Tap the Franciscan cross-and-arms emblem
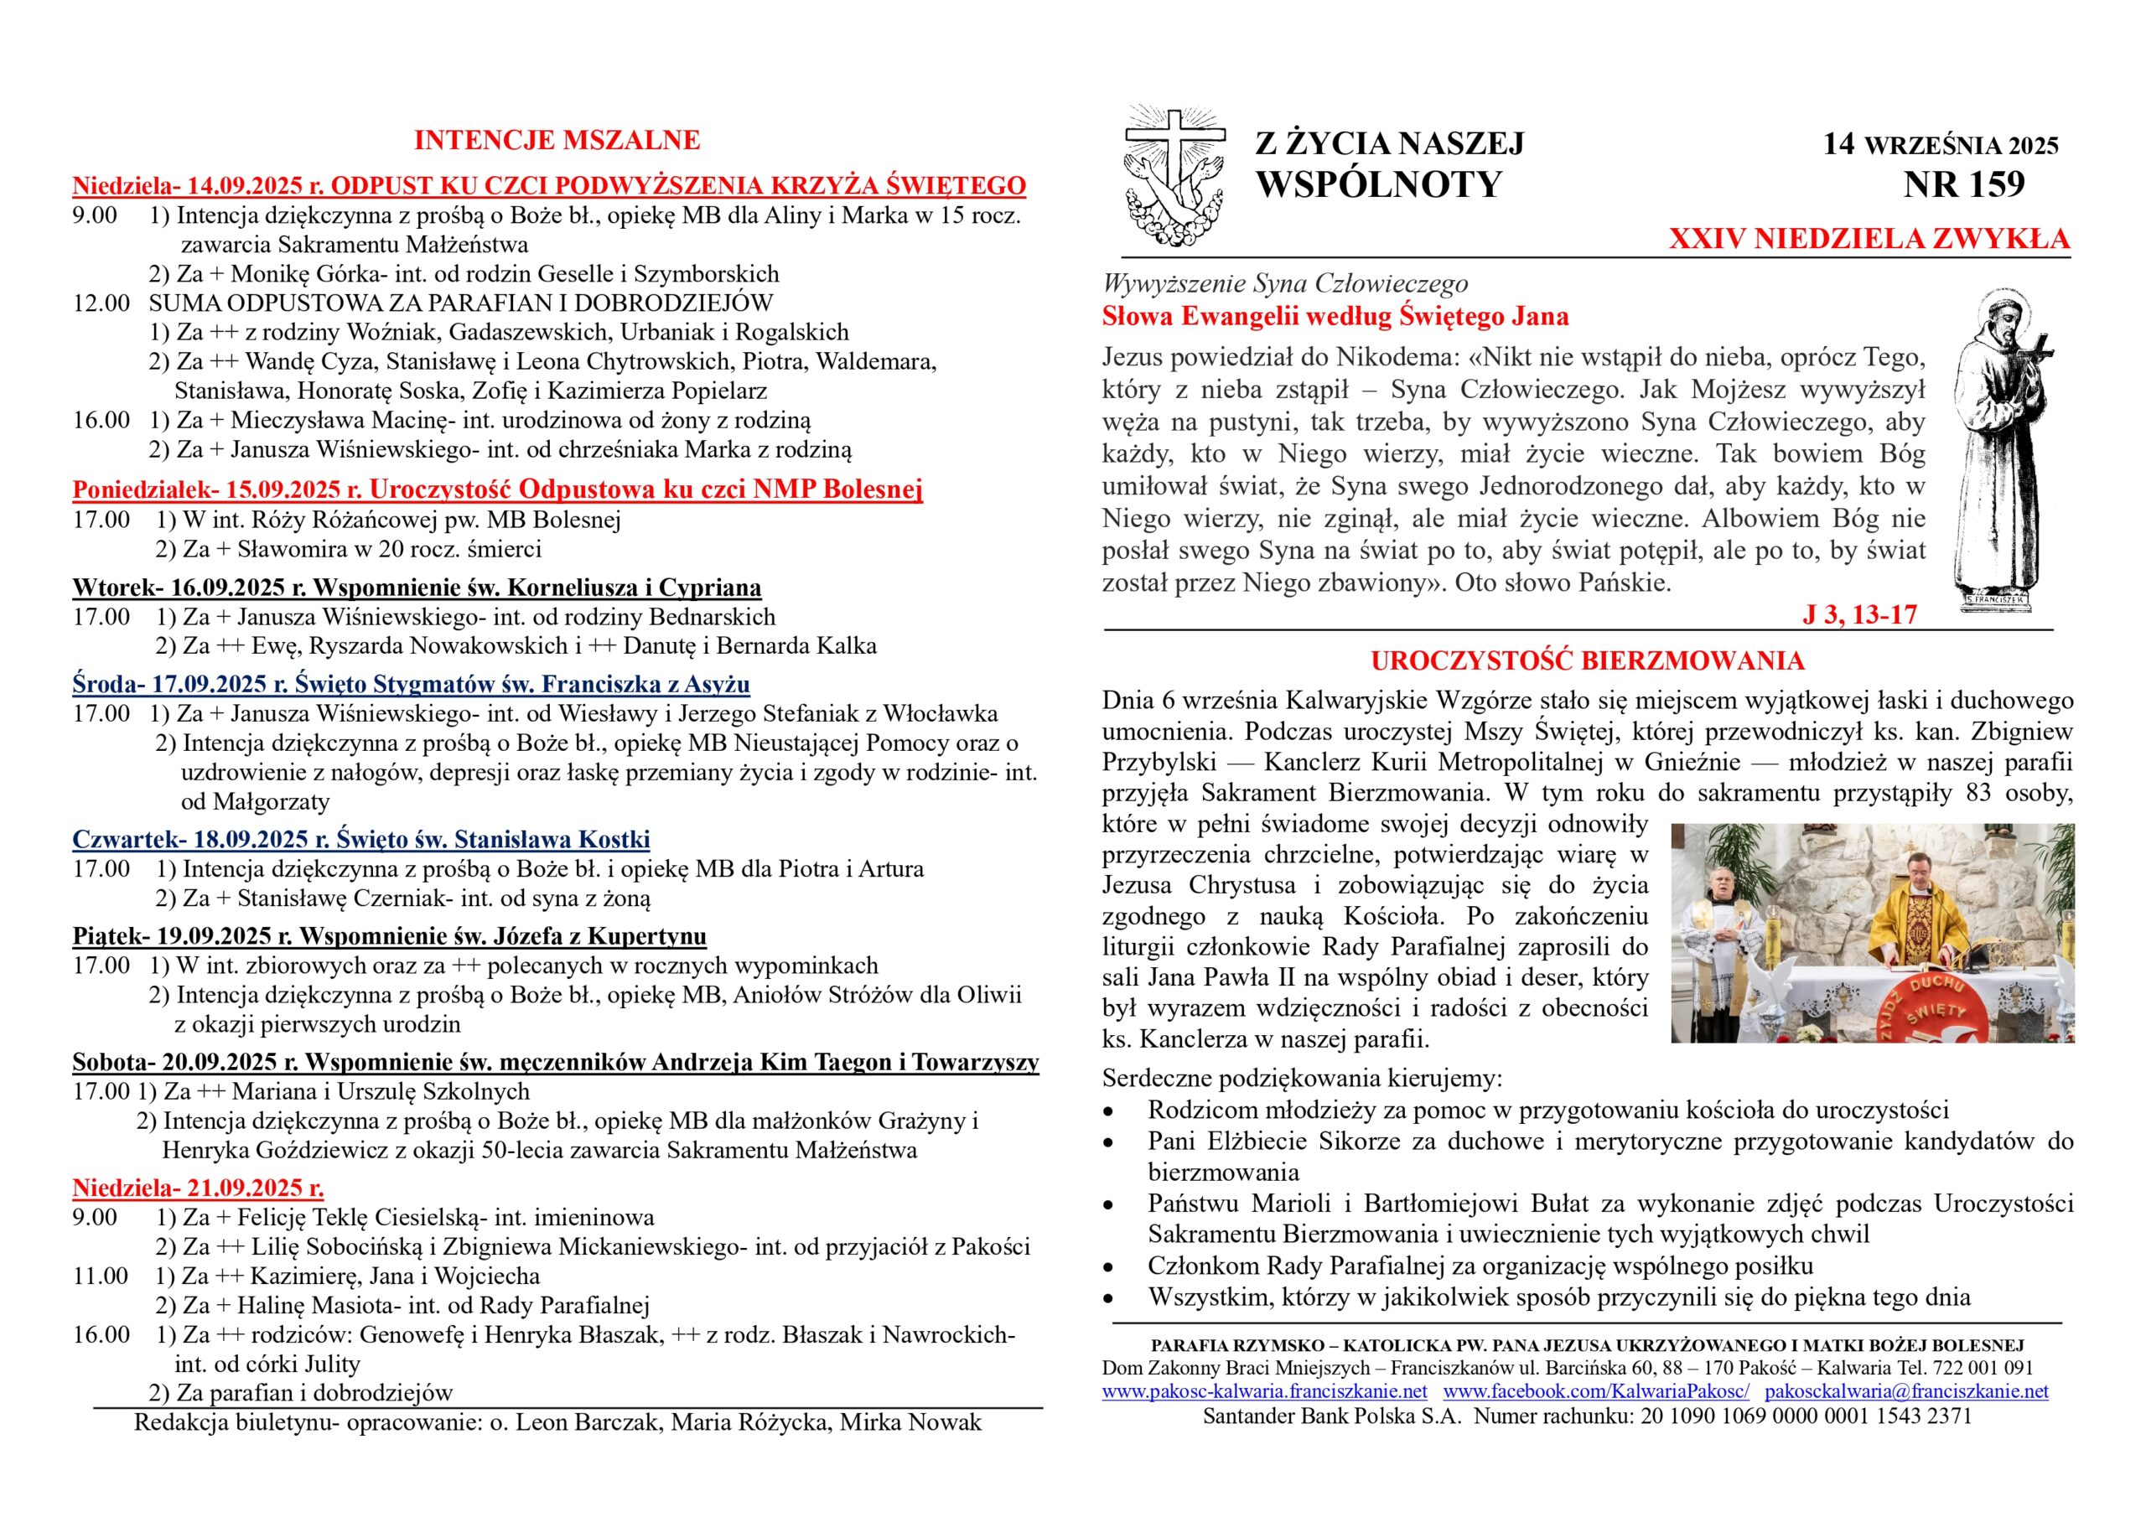[x=1174, y=178]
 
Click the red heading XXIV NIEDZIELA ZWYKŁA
[x=1869, y=239]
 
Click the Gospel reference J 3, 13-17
[x=1859, y=614]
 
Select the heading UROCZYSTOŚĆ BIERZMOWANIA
[x=1587, y=660]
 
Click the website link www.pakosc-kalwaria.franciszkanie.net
[x=1263, y=1390]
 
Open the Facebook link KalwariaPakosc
[x=1596, y=1390]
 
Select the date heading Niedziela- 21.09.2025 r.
[x=198, y=1188]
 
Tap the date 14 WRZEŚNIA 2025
[x=1941, y=145]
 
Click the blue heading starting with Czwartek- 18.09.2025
[x=360, y=838]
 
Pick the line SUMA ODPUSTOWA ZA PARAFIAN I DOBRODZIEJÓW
[x=460, y=303]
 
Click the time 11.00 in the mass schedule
[x=101, y=1276]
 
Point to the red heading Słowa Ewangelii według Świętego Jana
[x=1335, y=317]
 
